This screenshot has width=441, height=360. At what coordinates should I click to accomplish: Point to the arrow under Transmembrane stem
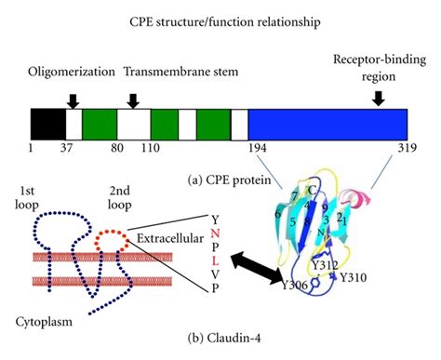tap(134, 99)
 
